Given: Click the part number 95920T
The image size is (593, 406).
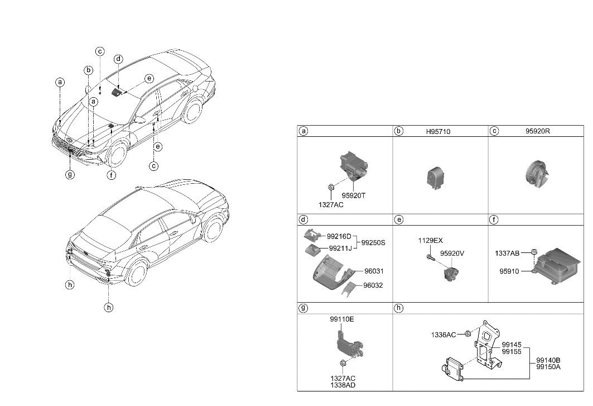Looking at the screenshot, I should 354,195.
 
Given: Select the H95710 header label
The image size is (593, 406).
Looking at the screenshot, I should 438,132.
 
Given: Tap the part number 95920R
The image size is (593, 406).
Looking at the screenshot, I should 537,132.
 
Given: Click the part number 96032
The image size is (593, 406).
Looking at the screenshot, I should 373,285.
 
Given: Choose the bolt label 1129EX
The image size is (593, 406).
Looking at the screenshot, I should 430,241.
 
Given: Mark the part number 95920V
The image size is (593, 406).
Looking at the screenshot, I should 452,253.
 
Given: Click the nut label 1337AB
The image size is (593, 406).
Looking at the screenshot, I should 507,254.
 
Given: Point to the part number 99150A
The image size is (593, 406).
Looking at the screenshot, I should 548,366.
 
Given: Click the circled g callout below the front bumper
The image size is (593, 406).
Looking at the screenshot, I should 70,174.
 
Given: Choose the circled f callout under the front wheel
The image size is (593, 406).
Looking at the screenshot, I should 112,174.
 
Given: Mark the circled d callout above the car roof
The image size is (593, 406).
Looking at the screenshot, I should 118,60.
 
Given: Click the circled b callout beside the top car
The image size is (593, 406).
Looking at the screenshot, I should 88,70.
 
